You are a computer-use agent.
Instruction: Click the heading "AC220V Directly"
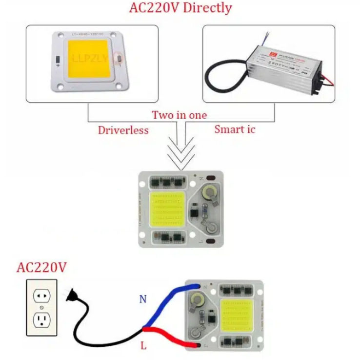coord(180,8)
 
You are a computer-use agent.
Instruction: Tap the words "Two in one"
coord(179,115)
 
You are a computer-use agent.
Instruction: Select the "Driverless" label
coord(123,130)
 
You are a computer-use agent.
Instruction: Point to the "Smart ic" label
coord(235,130)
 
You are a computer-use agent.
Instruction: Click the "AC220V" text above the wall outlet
coord(41,268)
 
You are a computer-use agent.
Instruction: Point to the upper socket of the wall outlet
coord(41,296)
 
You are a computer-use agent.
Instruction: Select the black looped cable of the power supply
coord(222,78)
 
